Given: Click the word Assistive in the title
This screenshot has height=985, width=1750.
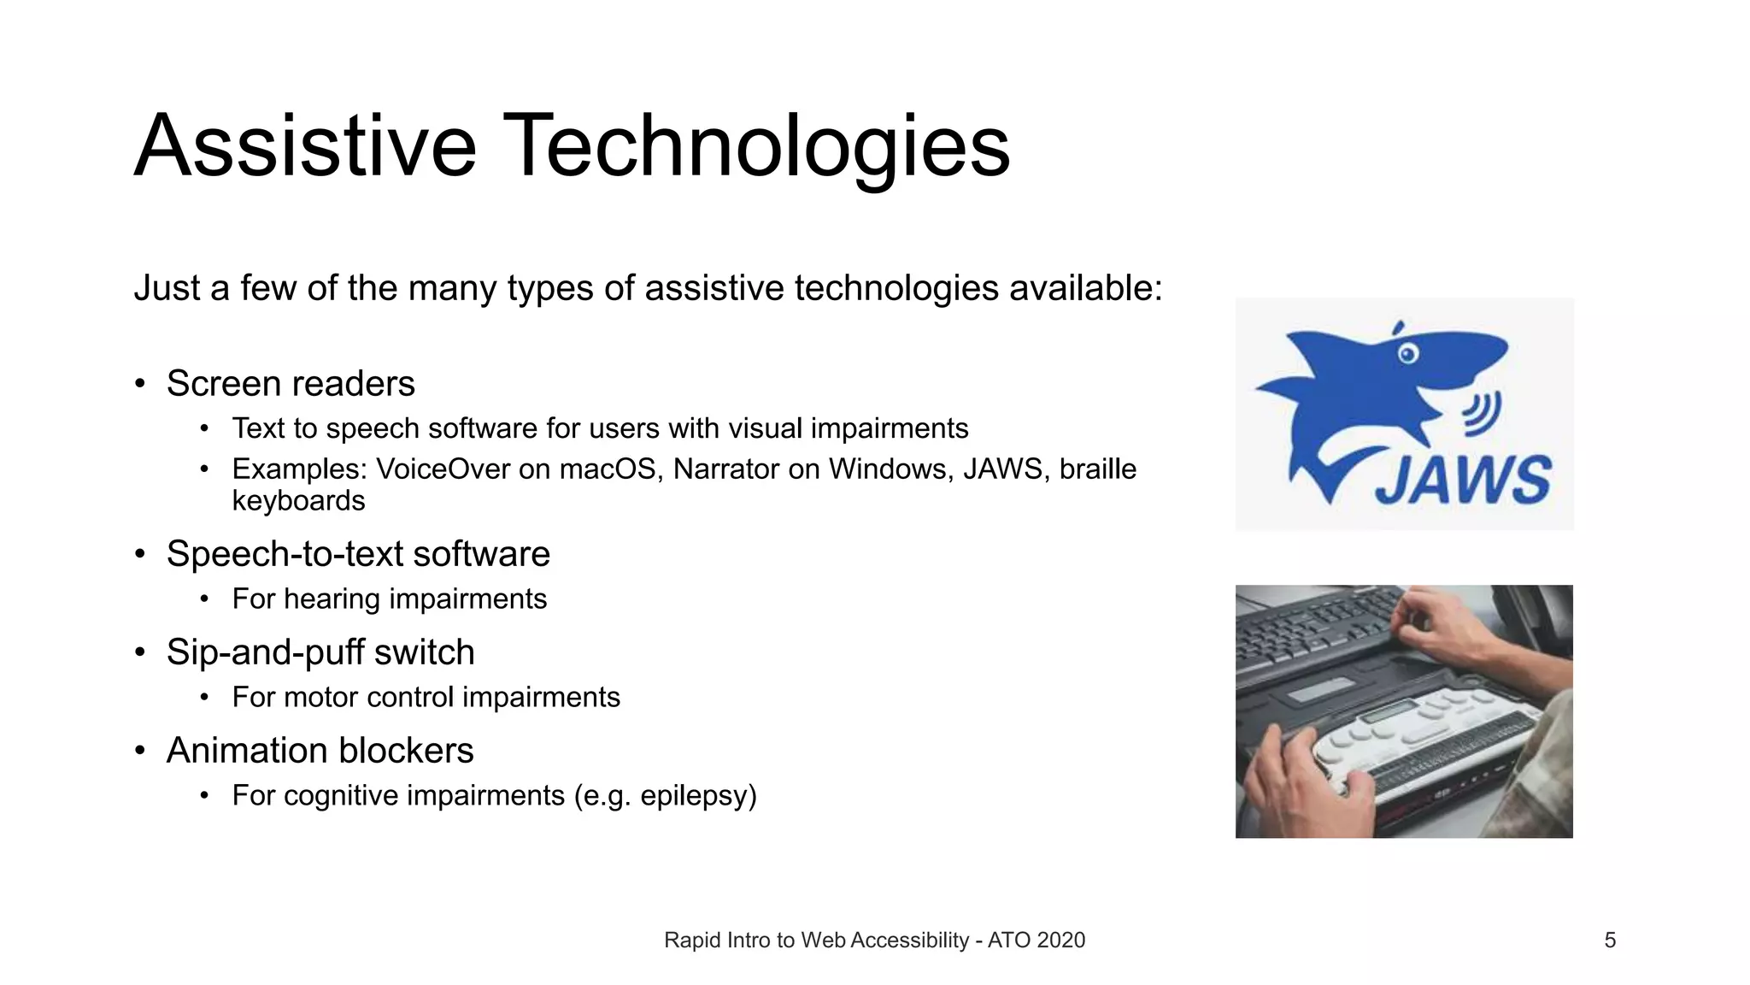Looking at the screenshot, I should [x=304, y=147].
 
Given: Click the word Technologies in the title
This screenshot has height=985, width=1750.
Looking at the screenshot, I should [x=755, y=147].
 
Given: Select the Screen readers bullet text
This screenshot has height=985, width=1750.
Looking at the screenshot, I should [x=291, y=384].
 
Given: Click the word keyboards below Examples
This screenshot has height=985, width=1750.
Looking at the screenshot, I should [x=298, y=501].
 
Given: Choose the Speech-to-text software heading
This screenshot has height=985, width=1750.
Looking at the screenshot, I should [x=358, y=554].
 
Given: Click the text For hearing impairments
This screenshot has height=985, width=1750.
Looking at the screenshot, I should [x=389, y=599].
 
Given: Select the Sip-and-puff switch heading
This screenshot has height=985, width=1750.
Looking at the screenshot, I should [x=320, y=652].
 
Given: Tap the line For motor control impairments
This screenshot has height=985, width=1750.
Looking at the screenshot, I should [x=426, y=698].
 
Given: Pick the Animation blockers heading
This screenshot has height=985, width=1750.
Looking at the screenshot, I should [x=320, y=751].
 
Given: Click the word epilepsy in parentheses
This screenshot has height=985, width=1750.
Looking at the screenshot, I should [x=694, y=796].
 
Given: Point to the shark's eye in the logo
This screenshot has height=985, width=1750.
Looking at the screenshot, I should [x=1407, y=353].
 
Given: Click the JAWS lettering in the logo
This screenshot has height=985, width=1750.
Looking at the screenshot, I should [x=1463, y=481].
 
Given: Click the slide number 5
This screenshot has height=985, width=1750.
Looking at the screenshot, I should [x=1610, y=941].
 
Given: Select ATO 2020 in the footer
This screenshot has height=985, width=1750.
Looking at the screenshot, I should [x=1036, y=941].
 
